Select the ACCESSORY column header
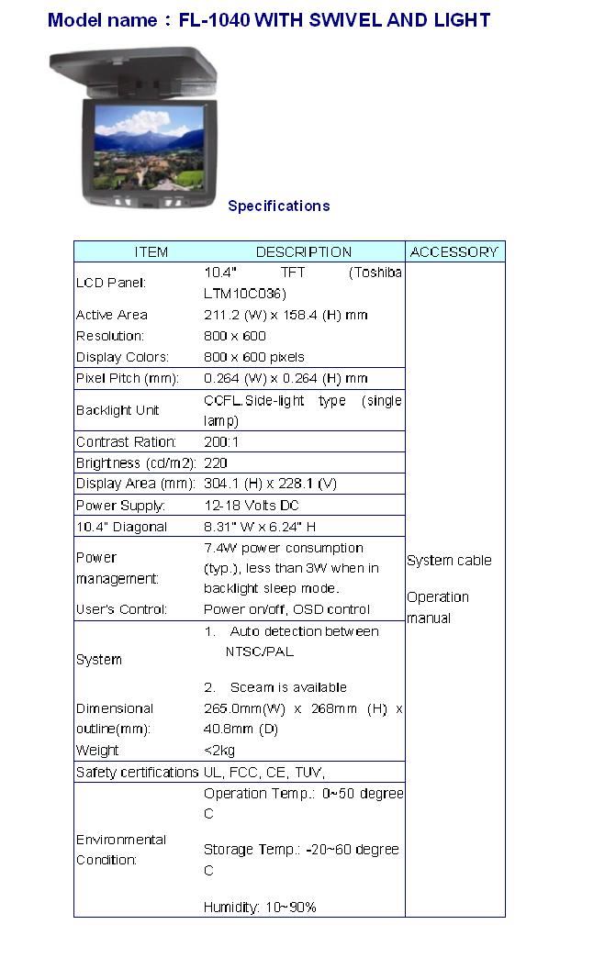pyautogui.click(x=454, y=251)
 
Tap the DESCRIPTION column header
pyautogui.click(x=303, y=251)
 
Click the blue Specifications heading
pyautogui.click(x=278, y=206)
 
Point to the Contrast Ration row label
pyautogui.click(x=126, y=441)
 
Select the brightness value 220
pyautogui.click(x=216, y=462)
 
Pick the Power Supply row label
pyautogui.click(x=120, y=505)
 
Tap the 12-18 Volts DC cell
pyautogui.click(x=251, y=505)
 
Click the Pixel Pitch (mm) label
pyautogui.click(x=127, y=378)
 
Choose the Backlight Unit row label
pyautogui.click(x=118, y=410)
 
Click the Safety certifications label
pyautogui.click(x=137, y=772)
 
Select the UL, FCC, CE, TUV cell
pyautogui.click(x=264, y=772)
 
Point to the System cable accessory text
pyautogui.click(x=449, y=560)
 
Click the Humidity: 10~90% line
pyautogui.click(x=260, y=907)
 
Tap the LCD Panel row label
pyautogui.click(x=111, y=283)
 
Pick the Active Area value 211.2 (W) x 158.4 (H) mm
pyautogui.click(x=285, y=315)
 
